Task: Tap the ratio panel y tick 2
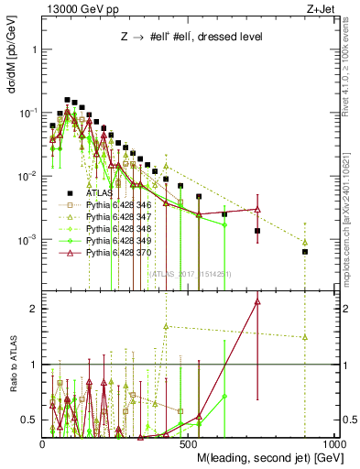click(35, 309)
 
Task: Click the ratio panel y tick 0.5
click(29, 420)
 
